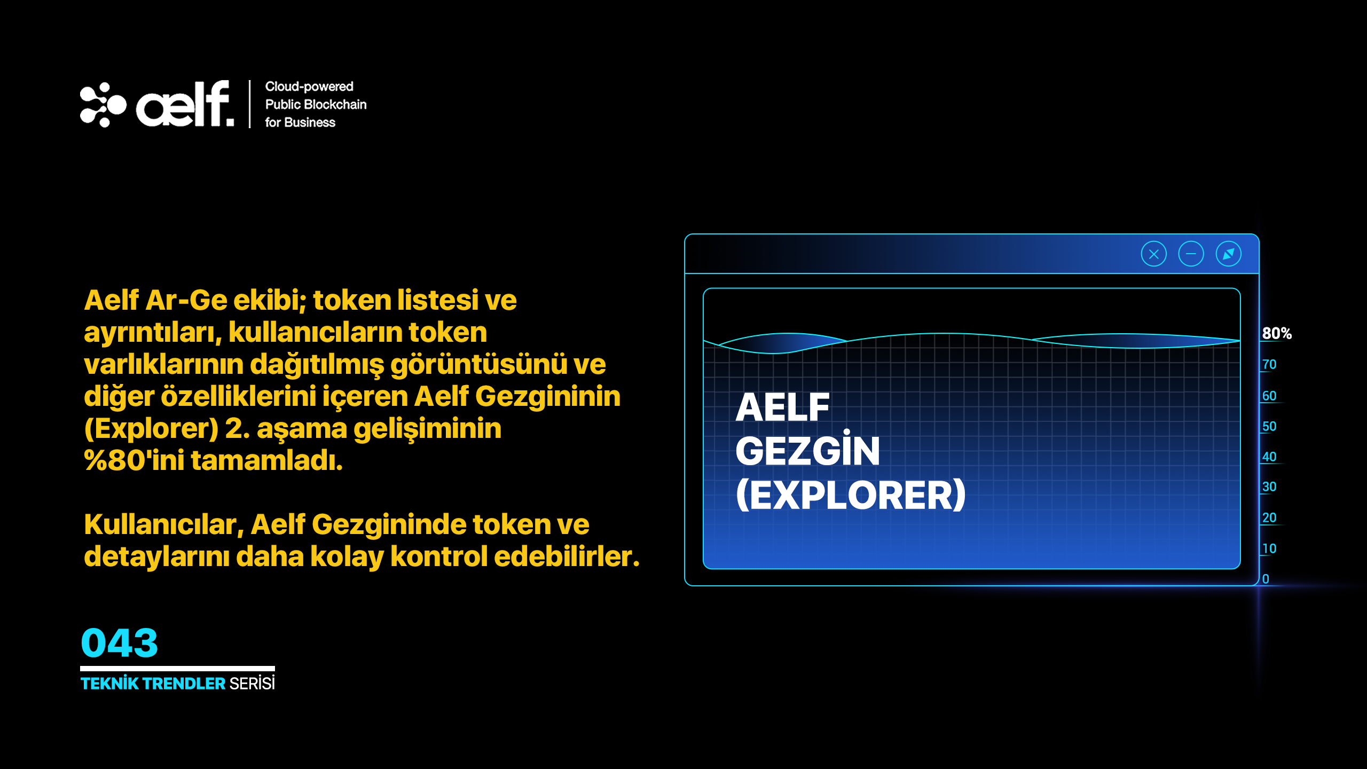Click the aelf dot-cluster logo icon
pos(103,105)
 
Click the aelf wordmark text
pos(185,104)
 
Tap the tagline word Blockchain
pos(339,104)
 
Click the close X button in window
pos(1153,254)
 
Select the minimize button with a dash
pos(1191,254)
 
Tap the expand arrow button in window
pos(1228,254)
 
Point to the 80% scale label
pos(1277,333)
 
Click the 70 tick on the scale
pos(1269,364)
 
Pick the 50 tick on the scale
pos(1269,426)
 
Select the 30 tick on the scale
pos(1269,486)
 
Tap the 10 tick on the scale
pos(1269,548)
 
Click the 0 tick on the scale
pos(1266,579)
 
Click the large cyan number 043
pos(120,642)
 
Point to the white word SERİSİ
pos(252,683)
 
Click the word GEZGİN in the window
pos(807,450)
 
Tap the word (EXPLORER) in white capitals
pos(851,495)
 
